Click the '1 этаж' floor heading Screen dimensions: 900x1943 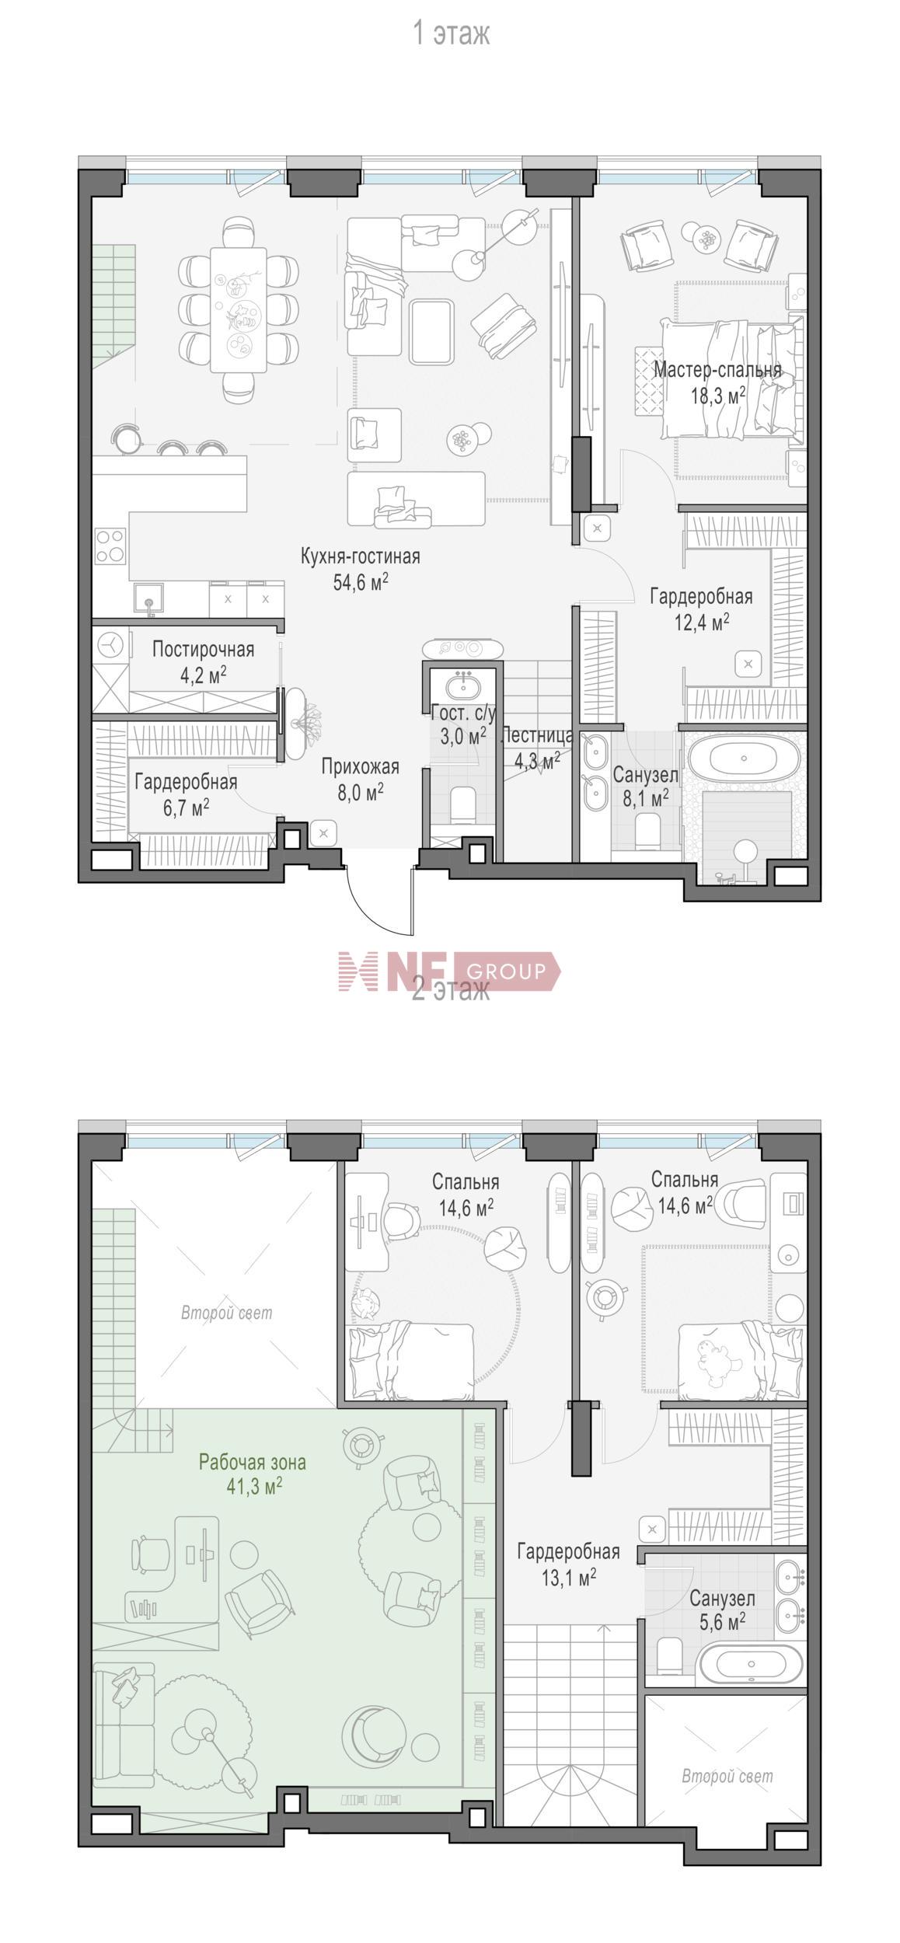tap(451, 34)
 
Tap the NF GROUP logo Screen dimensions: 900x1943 tap(449, 971)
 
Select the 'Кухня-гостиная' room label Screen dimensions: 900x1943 tap(361, 556)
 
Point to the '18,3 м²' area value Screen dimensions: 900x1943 tap(717, 396)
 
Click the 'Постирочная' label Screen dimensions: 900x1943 tap(203, 649)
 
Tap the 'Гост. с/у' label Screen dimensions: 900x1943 tap(463, 711)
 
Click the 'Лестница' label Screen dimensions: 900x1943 tap(538, 735)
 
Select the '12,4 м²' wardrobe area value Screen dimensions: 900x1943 tap(701, 622)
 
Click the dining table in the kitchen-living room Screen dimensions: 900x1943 tap(239, 310)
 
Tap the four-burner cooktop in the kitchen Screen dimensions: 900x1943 tap(110, 546)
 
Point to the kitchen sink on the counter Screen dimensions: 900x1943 tap(148, 600)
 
